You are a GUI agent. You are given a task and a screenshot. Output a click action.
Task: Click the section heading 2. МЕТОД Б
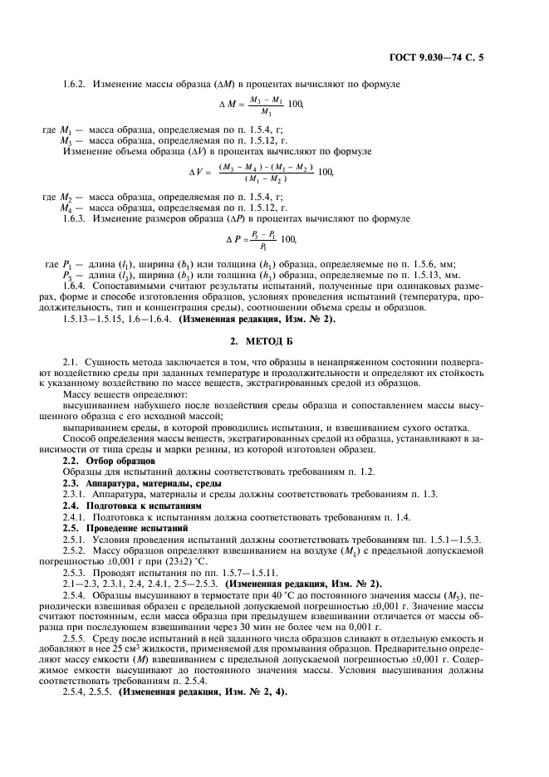point(274,342)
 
